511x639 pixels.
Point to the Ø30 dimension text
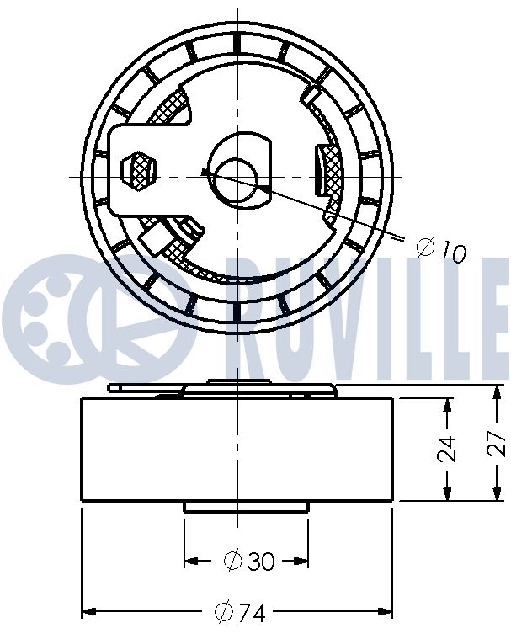click(x=249, y=561)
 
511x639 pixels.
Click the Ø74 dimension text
click(x=240, y=614)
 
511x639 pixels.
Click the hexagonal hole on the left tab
click(x=139, y=169)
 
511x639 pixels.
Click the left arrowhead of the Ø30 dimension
click(x=191, y=560)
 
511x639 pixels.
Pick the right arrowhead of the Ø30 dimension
click(x=301, y=560)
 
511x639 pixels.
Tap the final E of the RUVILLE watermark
click(x=492, y=316)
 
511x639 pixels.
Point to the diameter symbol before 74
click(x=224, y=614)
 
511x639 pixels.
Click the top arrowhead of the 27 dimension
click(x=492, y=391)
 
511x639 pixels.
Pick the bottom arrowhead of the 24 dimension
click(x=444, y=497)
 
